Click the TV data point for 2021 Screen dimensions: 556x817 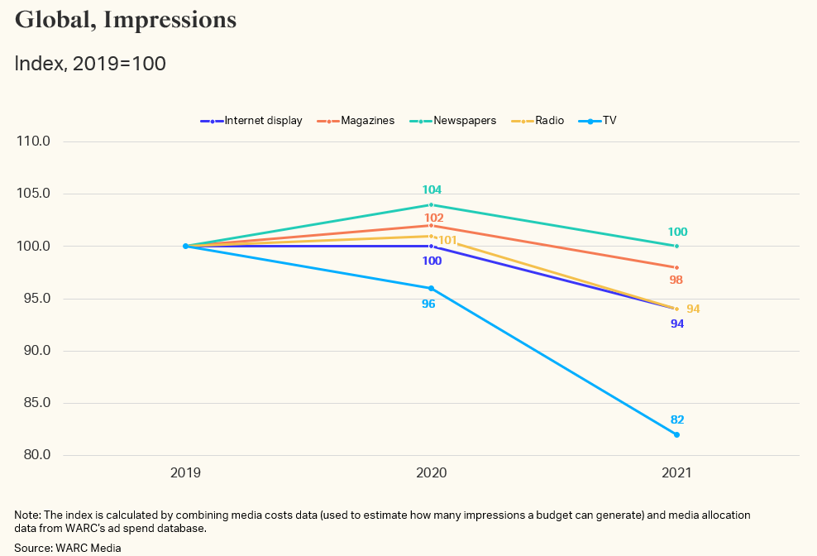[x=676, y=434]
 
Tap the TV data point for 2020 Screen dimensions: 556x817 [x=431, y=288]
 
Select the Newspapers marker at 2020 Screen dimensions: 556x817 [x=431, y=204]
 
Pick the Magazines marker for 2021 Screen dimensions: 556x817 [x=676, y=267]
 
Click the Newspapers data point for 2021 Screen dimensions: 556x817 [x=676, y=246]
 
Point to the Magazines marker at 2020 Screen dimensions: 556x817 [x=431, y=225]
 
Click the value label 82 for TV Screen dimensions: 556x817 [x=677, y=419]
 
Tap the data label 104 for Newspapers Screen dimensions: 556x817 [x=432, y=189]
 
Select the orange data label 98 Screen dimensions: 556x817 [x=676, y=280]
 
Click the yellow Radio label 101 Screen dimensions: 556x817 [x=447, y=241]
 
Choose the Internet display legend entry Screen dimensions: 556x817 [x=251, y=121]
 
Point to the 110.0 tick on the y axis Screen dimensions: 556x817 [x=34, y=141]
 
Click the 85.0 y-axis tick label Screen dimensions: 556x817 [x=34, y=403]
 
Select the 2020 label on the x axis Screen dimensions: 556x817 [x=431, y=473]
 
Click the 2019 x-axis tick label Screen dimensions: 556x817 [x=185, y=473]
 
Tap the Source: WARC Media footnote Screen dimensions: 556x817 [x=67, y=548]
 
